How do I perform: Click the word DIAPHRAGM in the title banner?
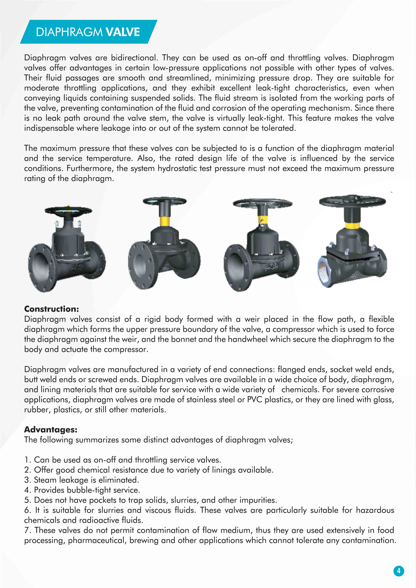tap(69, 32)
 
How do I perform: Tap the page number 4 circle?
tap(399, 571)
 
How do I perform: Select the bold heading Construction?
tap(51, 309)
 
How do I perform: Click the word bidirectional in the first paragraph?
tap(133, 58)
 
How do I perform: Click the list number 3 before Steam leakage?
tap(27, 480)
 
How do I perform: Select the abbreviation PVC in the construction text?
tap(254, 399)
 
